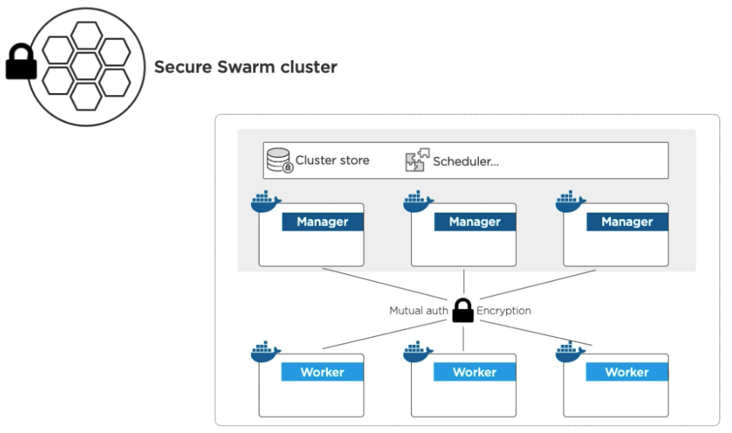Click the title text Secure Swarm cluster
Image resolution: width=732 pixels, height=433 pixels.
245,67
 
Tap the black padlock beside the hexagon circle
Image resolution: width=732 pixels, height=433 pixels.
21,64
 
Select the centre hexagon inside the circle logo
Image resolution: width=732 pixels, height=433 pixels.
86,67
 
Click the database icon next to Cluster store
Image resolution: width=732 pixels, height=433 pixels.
280,160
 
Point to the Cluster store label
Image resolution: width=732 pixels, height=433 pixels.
332,160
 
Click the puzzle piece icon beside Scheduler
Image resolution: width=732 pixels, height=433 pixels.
417,161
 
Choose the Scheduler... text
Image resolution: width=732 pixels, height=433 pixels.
465,162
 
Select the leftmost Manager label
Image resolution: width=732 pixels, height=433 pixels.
322,222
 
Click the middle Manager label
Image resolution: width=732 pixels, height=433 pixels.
475,222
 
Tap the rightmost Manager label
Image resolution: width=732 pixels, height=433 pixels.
627,222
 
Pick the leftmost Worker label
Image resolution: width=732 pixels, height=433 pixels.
322,372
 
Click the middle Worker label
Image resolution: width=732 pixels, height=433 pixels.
475,372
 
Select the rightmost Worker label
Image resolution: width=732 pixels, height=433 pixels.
627,372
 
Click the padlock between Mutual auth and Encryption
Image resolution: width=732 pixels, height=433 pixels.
463,310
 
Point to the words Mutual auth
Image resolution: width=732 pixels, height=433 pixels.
419,311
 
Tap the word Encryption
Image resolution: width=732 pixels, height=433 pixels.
504,311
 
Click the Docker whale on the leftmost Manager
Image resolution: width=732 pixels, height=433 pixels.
266,203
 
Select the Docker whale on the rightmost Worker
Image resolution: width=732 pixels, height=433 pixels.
570,353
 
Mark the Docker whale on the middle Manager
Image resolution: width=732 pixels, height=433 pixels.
418,203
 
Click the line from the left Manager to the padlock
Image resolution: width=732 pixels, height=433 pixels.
386,284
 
